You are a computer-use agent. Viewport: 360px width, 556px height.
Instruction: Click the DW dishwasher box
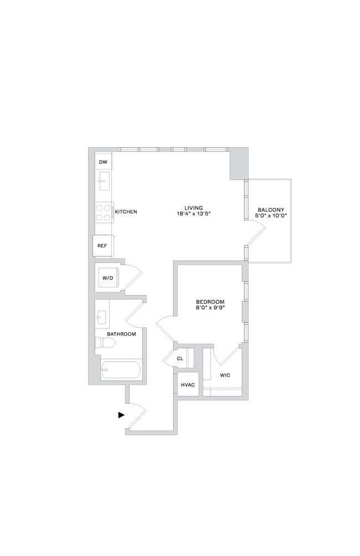(x=103, y=162)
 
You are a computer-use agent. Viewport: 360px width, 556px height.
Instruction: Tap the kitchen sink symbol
(x=103, y=179)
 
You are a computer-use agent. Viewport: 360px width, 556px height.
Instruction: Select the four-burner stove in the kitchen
(x=103, y=213)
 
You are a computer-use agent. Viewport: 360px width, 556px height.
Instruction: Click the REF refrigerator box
(x=102, y=245)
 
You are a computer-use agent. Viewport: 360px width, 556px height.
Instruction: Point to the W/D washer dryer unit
(x=107, y=278)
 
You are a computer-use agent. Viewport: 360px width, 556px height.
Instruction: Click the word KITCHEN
(x=126, y=212)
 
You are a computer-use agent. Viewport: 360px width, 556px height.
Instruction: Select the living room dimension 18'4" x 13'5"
(x=194, y=214)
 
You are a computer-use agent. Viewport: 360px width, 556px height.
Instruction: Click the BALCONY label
(x=270, y=210)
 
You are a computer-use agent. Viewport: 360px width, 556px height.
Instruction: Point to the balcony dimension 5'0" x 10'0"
(x=270, y=217)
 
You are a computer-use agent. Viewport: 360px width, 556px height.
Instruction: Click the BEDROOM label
(x=209, y=302)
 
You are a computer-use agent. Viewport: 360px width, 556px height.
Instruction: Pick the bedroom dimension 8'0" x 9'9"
(x=209, y=308)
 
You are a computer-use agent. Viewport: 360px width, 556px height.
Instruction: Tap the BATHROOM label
(x=121, y=334)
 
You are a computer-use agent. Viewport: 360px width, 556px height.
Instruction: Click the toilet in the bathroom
(x=105, y=343)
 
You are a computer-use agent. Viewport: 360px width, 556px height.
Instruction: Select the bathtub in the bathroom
(x=121, y=369)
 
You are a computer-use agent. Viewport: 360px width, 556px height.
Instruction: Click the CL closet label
(x=180, y=359)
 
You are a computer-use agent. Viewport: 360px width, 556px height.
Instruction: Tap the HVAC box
(x=187, y=384)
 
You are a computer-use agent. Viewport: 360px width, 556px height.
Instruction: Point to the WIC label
(x=225, y=375)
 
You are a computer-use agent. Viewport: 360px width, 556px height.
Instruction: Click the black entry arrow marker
(x=121, y=414)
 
